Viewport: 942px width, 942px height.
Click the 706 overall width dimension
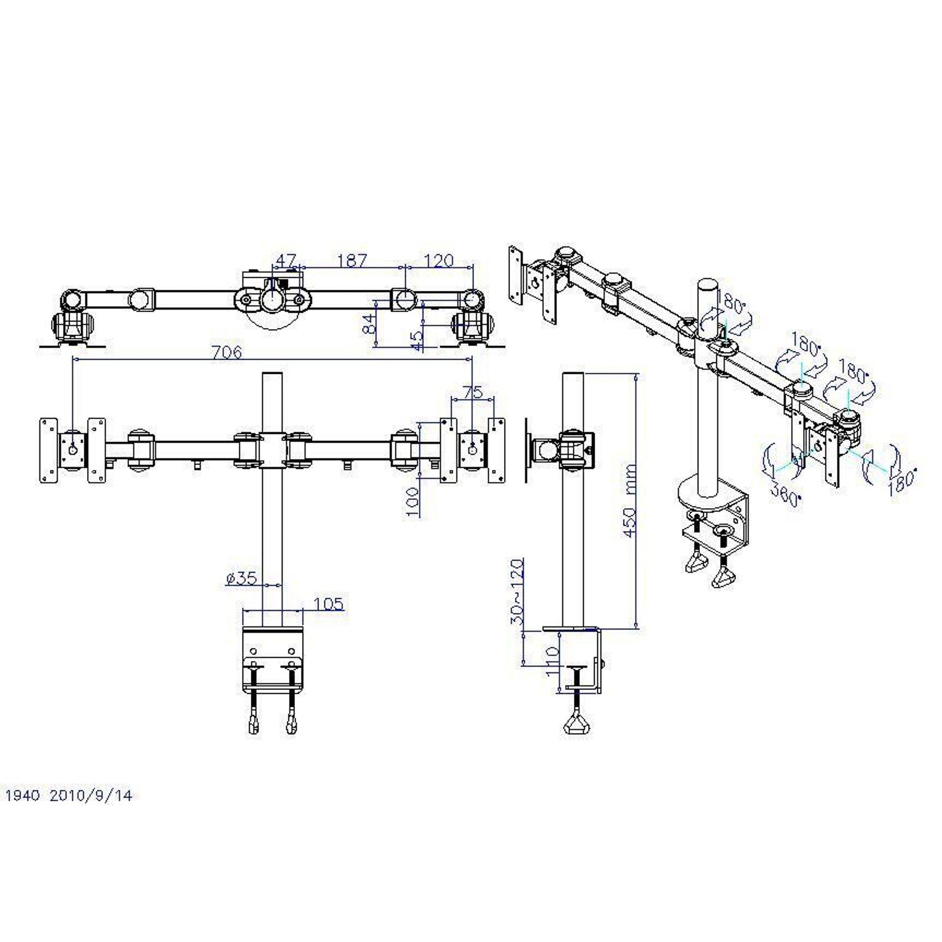(227, 352)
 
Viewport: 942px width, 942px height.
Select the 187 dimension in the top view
(352, 260)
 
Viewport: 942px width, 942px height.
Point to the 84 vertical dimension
(369, 324)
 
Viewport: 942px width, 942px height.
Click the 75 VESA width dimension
(472, 392)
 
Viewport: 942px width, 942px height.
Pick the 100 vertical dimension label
(413, 502)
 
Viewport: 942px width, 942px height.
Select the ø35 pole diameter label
(241, 578)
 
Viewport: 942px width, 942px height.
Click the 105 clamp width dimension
(329, 604)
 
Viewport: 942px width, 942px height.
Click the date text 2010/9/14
(91, 796)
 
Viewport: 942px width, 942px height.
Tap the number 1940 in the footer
(22, 796)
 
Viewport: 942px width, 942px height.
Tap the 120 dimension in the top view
(439, 260)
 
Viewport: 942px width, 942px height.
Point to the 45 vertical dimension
(417, 340)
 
